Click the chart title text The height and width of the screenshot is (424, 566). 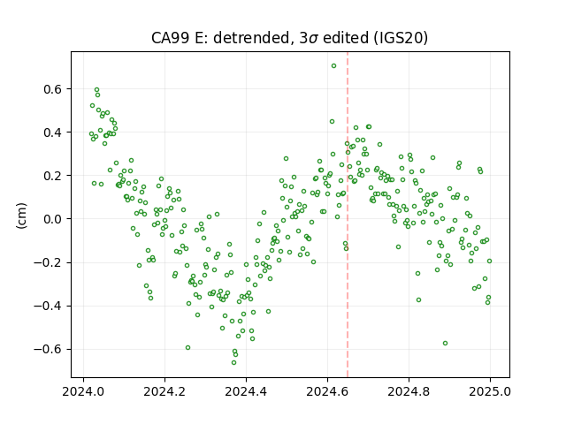[x=289, y=38]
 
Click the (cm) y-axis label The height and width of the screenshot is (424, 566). [x=21, y=216]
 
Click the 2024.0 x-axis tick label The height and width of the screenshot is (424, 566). [x=83, y=391]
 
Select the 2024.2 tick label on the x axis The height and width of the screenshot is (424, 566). [x=164, y=391]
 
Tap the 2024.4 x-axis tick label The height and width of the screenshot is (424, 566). [x=246, y=391]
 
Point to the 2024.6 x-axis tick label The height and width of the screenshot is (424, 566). [x=327, y=391]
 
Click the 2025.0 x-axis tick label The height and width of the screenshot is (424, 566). [x=490, y=391]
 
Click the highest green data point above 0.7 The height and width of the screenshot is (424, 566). [x=334, y=65]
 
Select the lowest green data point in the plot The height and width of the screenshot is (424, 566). [x=233, y=362]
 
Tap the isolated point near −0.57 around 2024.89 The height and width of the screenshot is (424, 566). [x=446, y=344]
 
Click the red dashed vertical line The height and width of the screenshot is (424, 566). [x=348, y=215]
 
